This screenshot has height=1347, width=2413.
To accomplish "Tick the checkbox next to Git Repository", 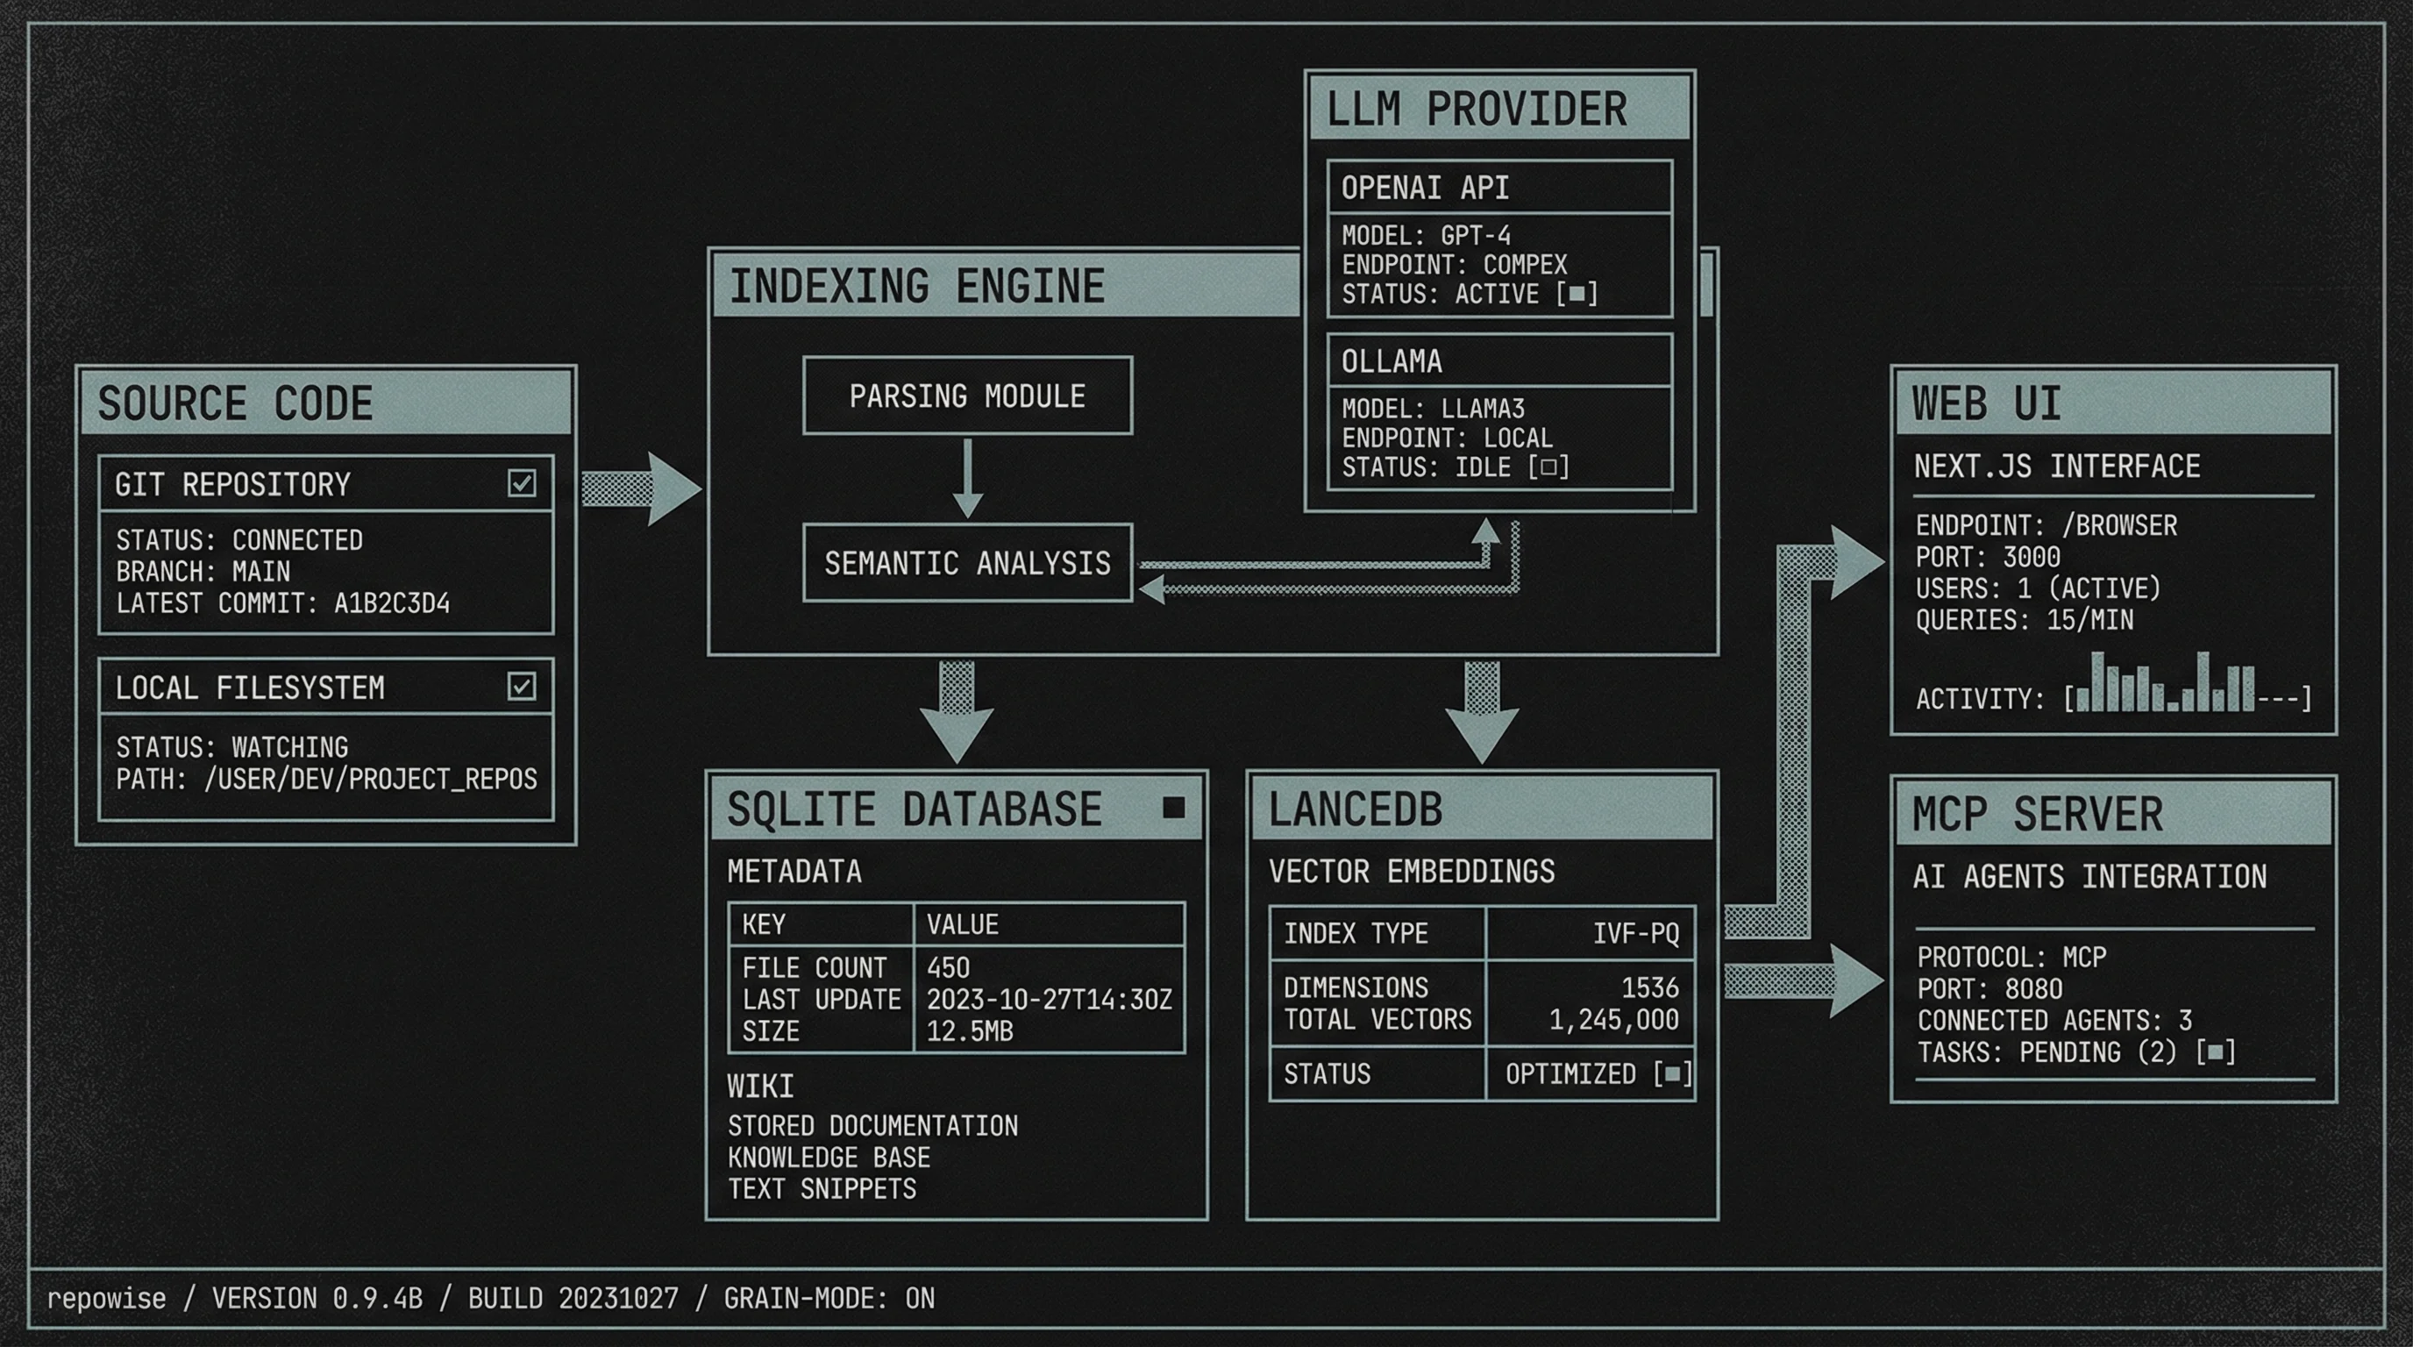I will point(522,483).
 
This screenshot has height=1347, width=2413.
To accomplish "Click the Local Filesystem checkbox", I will point(522,687).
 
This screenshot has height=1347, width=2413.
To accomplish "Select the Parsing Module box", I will point(967,396).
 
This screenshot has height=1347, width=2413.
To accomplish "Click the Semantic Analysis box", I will point(967,563).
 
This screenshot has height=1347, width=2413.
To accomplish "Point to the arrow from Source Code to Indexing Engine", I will point(641,488).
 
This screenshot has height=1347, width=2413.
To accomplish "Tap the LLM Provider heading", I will point(1477,110).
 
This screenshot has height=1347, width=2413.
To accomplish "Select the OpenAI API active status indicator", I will point(1577,294).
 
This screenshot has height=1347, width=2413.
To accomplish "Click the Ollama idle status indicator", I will point(1548,467).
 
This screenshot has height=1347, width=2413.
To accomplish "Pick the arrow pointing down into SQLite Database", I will point(957,712).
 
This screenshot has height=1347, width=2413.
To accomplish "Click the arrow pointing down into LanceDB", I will point(1482,712).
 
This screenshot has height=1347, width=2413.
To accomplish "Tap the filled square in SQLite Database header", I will point(1173,808).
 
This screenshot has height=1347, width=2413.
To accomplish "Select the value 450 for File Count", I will point(948,967).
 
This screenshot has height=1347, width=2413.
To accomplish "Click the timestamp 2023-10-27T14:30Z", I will point(1050,1000).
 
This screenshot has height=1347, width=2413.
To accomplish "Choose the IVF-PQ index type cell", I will point(1635,934).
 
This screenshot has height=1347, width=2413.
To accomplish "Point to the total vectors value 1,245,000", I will point(1613,1019).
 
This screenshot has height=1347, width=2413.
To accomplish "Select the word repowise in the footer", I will point(106,1298).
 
